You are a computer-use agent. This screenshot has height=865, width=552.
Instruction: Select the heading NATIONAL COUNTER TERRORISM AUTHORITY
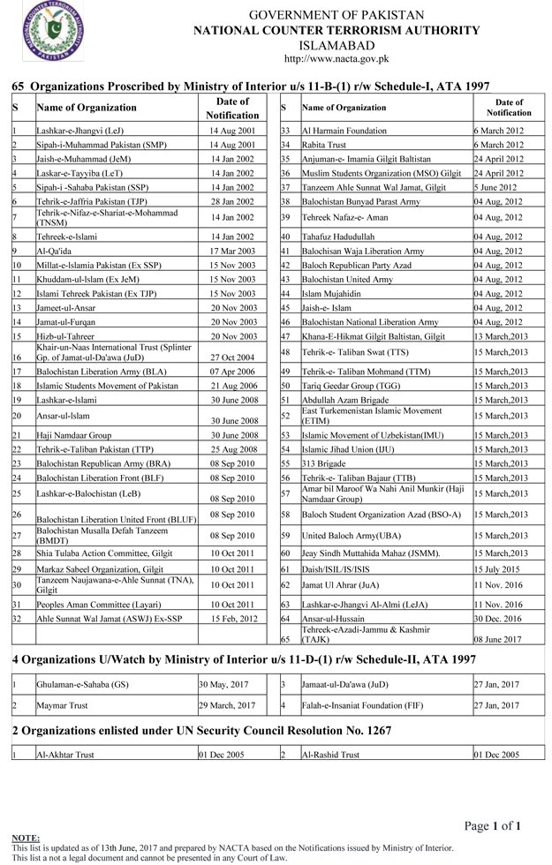(326, 30)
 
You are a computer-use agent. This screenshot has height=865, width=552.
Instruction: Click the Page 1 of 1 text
(495, 825)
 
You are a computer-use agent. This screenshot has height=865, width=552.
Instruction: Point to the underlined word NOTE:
(25, 835)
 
